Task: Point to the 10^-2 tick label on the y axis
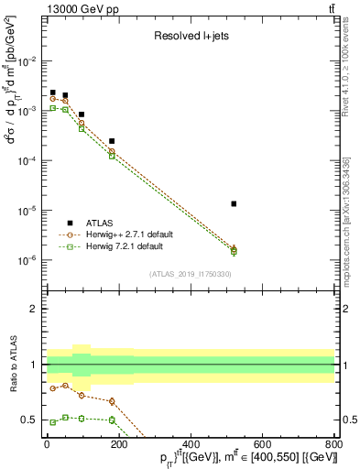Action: (27, 61)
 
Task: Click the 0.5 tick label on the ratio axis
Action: (28, 420)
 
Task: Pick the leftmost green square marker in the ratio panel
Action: (53, 422)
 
